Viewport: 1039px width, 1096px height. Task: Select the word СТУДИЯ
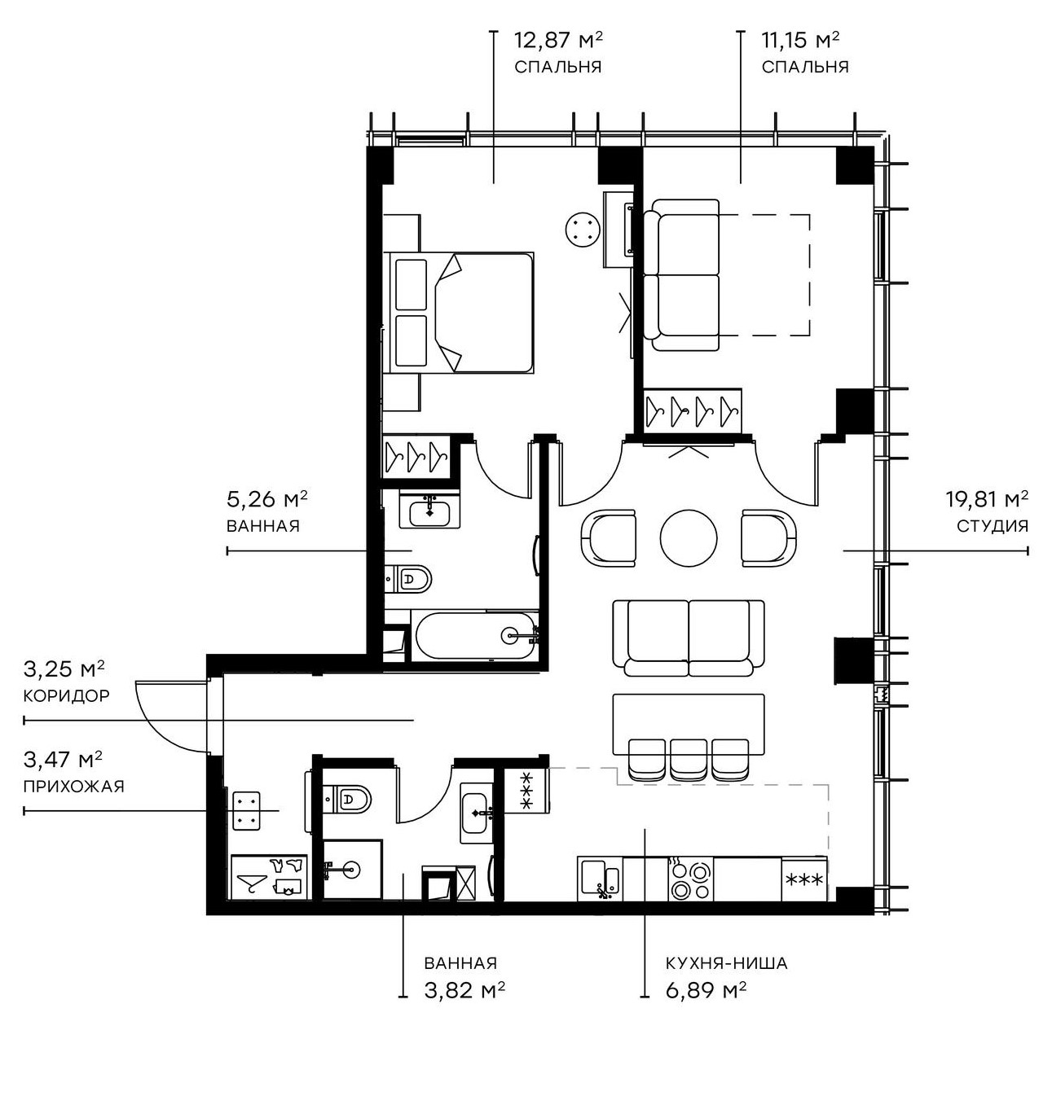click(992, 526)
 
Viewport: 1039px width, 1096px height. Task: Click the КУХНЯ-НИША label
click(726, 963)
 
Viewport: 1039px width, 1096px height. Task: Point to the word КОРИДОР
click(66, 696)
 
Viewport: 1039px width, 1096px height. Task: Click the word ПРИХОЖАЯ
click(73, 787)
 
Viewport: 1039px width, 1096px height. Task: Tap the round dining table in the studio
click(689, 538)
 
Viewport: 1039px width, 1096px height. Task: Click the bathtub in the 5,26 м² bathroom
click(476, 635)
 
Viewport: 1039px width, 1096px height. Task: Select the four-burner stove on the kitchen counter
click(690, 879)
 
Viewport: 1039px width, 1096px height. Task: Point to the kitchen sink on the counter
click(601, 879)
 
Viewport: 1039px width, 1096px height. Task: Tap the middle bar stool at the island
click(689, 757)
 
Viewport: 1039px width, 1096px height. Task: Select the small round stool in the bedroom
click(583, 227)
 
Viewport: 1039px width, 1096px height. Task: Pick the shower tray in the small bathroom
click(352, 869)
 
